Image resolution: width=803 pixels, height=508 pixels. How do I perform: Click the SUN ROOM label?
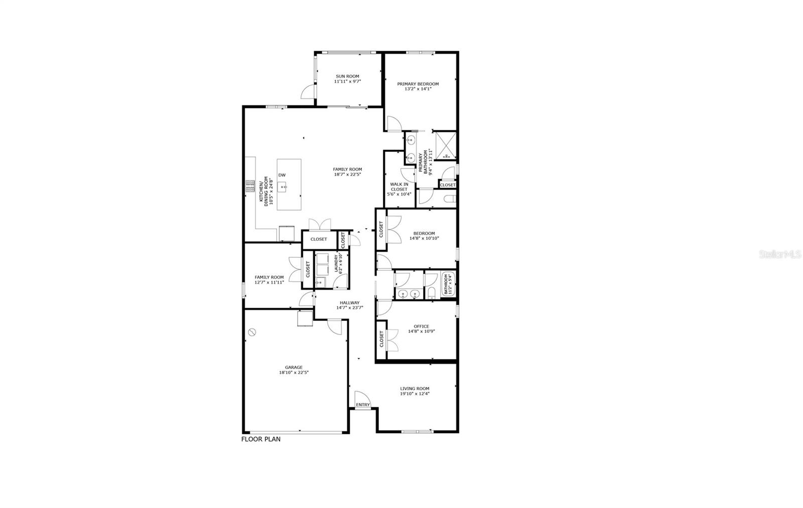(x=347, y=76)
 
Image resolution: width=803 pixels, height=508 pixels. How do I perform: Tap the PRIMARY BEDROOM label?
(x=418, y=84)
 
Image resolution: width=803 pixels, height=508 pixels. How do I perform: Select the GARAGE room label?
(x=294, y=367)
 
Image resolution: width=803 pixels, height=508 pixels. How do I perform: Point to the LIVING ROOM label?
(x=415, y=388)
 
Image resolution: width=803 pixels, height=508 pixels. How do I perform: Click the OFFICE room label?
(x=421, y=326)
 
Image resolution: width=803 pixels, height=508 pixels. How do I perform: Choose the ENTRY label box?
(x=362, y=405)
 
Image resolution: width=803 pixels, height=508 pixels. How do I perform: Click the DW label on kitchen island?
(x=282, y=175)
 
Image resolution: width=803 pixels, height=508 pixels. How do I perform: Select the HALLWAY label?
(x=349, y=302)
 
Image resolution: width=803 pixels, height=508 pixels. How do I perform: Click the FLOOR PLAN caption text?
(x=261, y=439)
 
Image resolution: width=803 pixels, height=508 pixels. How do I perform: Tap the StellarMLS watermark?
(x=780, y=254)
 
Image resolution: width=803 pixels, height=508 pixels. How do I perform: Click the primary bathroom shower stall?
(x=445, y=145)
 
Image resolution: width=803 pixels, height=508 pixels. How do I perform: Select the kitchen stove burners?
(x=250, y=186)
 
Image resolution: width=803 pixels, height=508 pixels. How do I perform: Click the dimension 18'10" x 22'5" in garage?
(x=294, y=373)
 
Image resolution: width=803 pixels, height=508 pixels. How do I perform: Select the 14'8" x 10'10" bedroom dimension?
(x=424, y=238)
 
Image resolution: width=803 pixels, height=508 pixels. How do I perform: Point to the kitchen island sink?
(x=284, y=188)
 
